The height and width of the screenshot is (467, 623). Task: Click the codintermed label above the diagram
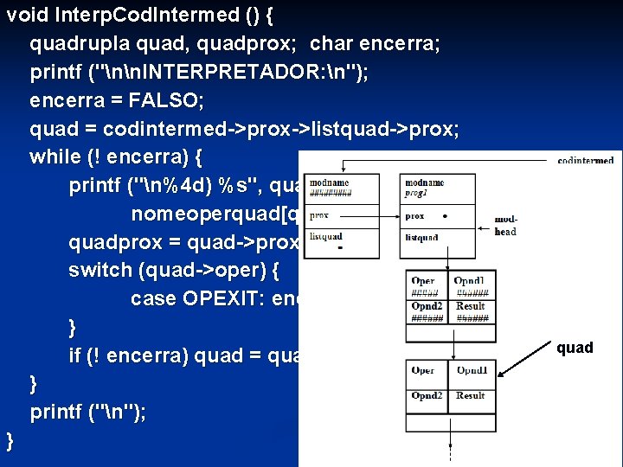click(x=586, y=160)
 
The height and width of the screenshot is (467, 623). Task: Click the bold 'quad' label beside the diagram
click(x=575, y=348)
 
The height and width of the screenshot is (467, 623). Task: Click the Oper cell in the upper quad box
click(x=423, y=281)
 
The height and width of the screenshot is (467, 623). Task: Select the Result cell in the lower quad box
click(x=471, y=396)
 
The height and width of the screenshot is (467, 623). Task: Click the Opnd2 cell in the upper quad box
click(x=427, y=306)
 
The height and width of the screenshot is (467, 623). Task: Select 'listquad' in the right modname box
click(x=422, y=237)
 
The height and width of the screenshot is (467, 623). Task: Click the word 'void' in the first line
click(x=25, y=15)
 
